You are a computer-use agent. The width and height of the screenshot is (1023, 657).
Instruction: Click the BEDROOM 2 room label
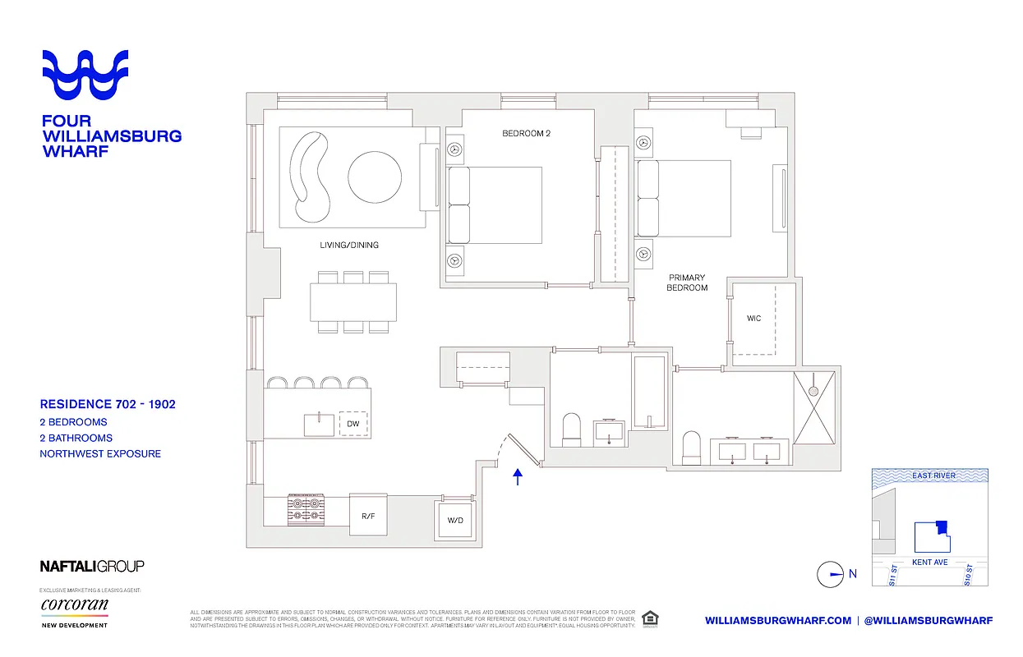point(526,133)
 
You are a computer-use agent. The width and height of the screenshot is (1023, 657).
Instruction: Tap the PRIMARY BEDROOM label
point(687,283)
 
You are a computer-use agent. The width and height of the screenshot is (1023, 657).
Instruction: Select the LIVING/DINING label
point(349,245)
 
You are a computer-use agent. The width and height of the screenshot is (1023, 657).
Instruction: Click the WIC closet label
point(753,318)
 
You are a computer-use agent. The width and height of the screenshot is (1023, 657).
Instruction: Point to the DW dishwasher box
point(353,424)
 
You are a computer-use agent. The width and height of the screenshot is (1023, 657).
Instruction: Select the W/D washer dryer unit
point(455,520)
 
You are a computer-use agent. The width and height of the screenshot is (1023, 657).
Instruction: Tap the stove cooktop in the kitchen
point(307,510)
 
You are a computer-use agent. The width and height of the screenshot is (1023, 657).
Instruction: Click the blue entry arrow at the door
point(518,477)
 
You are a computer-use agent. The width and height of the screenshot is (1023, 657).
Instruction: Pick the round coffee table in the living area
point(376,178)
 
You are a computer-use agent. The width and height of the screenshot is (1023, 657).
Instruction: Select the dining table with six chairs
point(353,302)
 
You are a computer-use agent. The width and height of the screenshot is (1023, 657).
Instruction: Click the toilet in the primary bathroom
point(692,448)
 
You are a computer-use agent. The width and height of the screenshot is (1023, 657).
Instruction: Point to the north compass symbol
point(832,574)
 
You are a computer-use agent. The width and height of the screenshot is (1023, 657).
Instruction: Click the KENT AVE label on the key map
point(930,563)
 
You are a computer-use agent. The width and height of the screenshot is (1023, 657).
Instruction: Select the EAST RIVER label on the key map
point(933,476)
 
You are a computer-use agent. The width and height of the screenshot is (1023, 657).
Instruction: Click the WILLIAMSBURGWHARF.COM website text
point(778,621)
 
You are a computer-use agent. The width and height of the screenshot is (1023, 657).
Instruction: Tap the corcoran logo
point(74,605)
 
